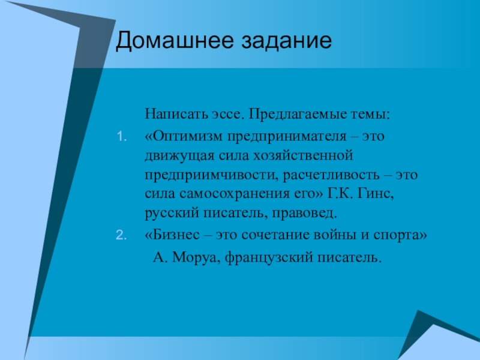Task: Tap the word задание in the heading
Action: coord(287,41)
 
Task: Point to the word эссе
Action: coord(227,115)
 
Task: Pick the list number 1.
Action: coord(122,137)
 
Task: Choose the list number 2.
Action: coord(121,235)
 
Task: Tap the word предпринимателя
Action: coord(287,137)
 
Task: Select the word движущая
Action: coord(179,156)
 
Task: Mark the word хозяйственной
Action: coord(303,155)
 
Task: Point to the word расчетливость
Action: coord(331,175)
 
